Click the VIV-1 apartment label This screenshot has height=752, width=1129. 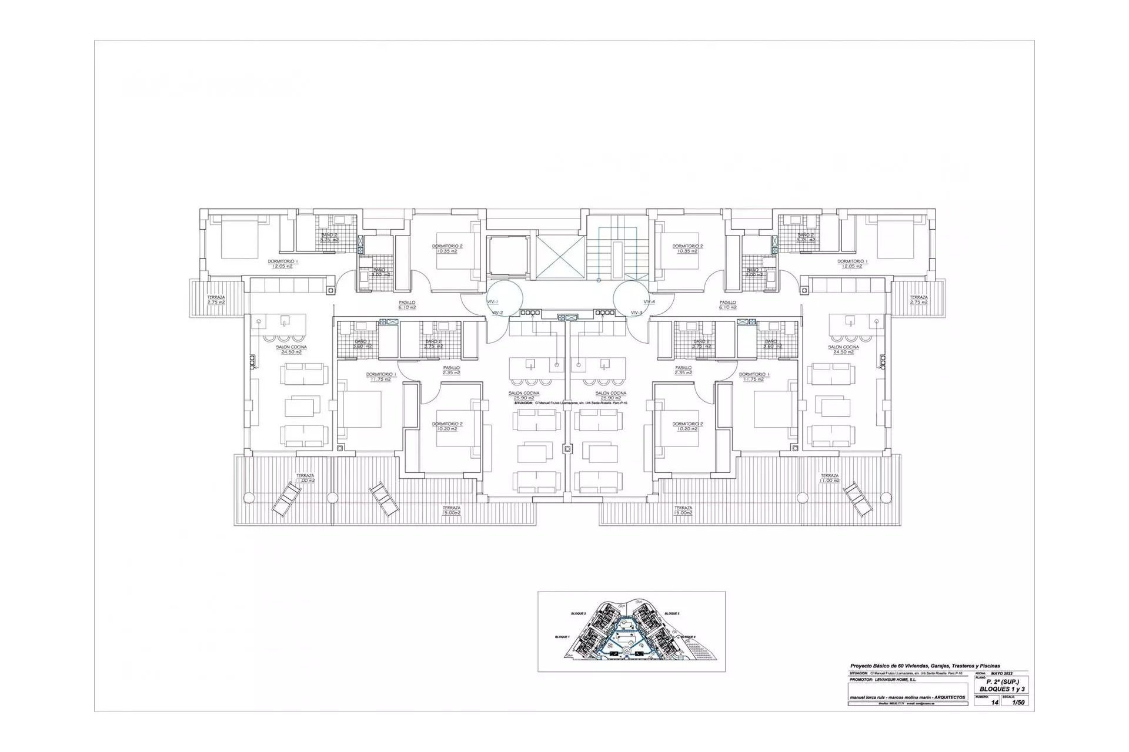point(493,301)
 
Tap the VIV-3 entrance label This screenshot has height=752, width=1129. point(636,313)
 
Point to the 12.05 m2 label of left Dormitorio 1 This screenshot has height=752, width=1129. point(282,266)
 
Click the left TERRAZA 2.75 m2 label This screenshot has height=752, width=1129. point(216,300)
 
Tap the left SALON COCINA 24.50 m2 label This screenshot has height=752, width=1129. point(291,350)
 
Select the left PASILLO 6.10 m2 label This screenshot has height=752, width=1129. point(407,305)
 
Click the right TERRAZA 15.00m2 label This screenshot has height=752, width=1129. point(683,510)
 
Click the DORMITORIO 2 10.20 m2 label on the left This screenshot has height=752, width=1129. point(447,426)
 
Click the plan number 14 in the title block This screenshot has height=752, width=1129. point(995,702)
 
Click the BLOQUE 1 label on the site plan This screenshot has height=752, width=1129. point(562,637)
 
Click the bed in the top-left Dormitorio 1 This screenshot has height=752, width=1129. point(239,237)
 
